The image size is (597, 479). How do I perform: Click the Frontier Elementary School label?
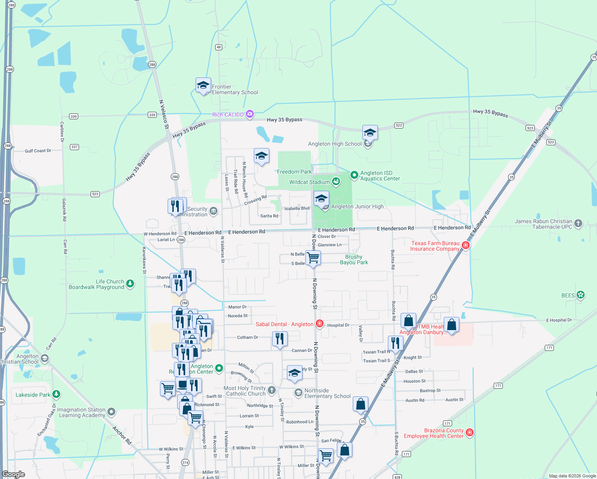pos(235,89)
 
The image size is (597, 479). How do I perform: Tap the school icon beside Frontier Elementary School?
pos(203,85)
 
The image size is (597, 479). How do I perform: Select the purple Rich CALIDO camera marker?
pos(250,115)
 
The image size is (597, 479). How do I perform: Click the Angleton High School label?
pos(334,144)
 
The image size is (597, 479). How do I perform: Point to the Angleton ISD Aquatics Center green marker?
pos(354,175)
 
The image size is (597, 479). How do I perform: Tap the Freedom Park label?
pos(294,172)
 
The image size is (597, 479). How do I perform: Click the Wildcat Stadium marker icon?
pos(336,182)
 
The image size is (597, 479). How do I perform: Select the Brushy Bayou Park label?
pos(354,259)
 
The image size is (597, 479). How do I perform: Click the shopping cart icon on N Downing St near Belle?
pos(313,258)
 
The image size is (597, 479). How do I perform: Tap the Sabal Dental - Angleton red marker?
pos(319,324)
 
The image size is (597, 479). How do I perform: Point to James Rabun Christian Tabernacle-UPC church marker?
pos(578,224)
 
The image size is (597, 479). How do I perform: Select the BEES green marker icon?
pos(581,295)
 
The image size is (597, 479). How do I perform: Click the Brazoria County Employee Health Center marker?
pos(470,432)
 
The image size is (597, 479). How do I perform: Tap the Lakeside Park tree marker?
pos(56,394)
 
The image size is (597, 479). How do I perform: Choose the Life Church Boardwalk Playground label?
pos(96,284)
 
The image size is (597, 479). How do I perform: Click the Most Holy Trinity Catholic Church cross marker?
pos(272,390)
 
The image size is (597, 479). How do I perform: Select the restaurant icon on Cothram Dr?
pos(280,339)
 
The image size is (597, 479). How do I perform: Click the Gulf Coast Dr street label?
pos(38,151)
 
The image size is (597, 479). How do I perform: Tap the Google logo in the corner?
pos(14,474)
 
